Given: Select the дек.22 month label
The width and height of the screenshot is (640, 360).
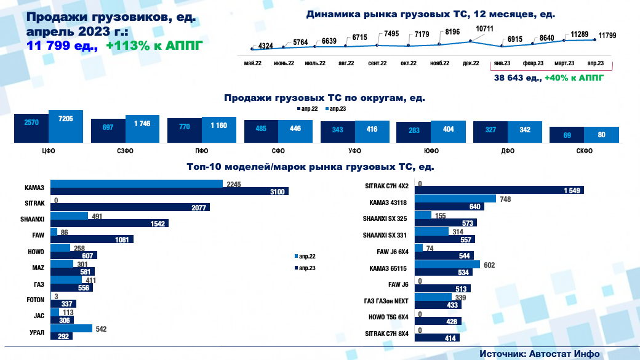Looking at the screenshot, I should click(x=471, y=63).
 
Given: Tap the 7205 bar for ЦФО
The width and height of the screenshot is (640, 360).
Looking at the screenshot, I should click(x=65, y=127).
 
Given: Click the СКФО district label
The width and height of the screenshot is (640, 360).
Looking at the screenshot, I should click(x=584, y=151).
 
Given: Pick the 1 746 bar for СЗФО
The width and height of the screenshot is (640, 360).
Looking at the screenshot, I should click(x=142, y=129).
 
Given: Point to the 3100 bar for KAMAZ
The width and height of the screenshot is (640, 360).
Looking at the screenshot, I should click(x=169, y=191).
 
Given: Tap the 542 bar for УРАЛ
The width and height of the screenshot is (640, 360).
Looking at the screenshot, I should click(x=71, y=328).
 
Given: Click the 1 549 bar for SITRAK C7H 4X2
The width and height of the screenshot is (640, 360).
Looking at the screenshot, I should click(x=499, y=190).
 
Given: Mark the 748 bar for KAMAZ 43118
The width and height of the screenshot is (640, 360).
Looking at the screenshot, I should click(x=455, y=199).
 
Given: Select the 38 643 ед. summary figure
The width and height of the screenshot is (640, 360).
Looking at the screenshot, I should click(x=518, y=78).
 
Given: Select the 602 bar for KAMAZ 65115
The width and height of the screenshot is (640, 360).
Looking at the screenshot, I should click(x=447, y=265).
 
